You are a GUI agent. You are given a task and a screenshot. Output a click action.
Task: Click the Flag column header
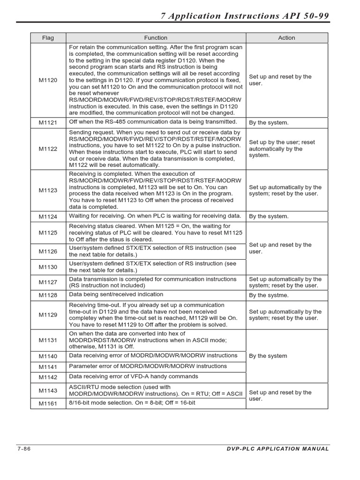[x=48, y=38]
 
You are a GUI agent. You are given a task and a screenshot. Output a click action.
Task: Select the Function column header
[x=156, y=38]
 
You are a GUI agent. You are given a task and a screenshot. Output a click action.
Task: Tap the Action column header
[x=287, y=38]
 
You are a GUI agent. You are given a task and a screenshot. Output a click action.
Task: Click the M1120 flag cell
[x=48, y=80]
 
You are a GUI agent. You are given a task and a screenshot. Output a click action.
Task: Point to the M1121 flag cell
[x=48, y=123]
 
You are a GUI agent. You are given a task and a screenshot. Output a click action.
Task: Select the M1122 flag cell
[x=48, y=149]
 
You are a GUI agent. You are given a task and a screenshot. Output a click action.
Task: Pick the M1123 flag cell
[x=48, y=190]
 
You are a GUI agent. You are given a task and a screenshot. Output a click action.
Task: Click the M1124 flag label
[x=48, y=217]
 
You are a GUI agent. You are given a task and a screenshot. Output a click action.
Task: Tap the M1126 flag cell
[x=48, y=251]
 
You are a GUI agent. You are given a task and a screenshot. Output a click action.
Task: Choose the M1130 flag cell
[x=48, y=267]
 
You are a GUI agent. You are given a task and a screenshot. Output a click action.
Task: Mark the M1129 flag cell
[x=48, y=315]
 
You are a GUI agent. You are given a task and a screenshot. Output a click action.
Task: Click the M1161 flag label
[x=48, y=403]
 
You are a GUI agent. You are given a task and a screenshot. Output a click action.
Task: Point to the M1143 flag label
[x=48, y=390]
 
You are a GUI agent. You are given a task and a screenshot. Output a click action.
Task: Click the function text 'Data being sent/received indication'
[x=116, y=294]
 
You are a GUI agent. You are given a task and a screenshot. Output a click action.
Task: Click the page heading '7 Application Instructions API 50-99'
[x=245, y=16]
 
